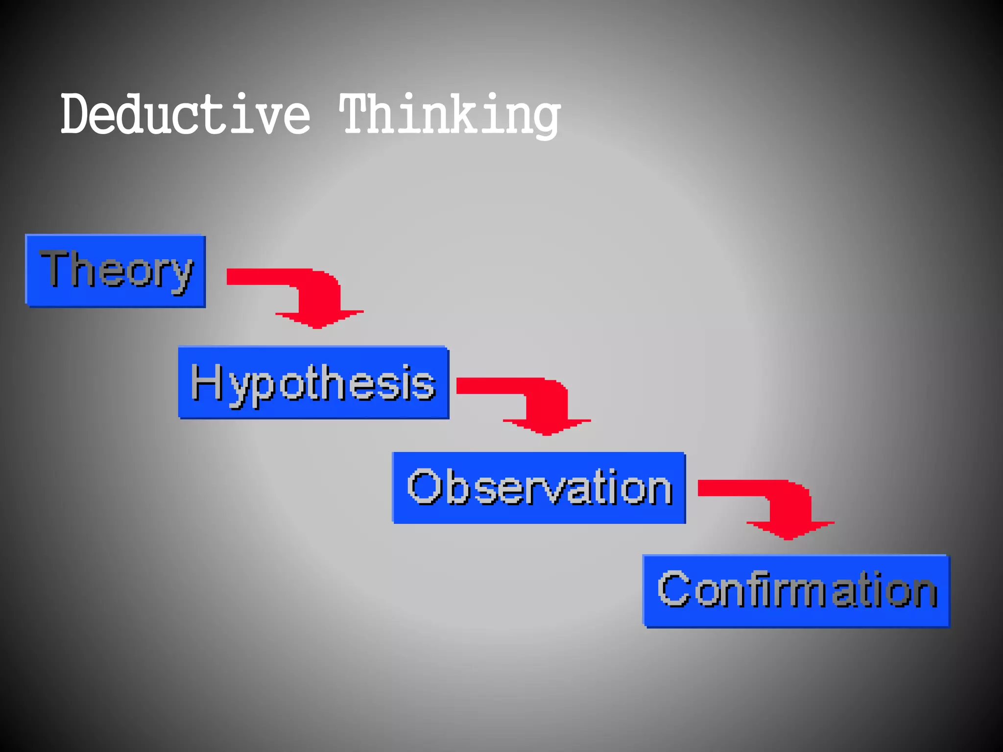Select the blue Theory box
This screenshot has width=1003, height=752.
116,271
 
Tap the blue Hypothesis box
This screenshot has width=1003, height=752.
313,382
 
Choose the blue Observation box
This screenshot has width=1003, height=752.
539,488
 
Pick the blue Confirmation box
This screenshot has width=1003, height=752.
796,590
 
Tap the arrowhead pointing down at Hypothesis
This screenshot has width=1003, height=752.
318,318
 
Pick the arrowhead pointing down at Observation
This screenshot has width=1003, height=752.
547,426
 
